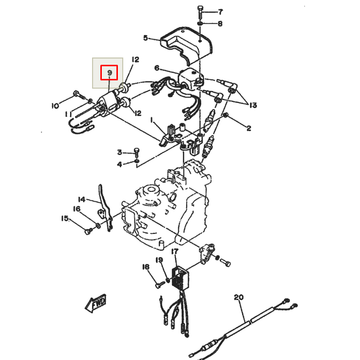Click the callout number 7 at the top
[220, 11]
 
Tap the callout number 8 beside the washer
[220, 23]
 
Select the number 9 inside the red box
[110, 73]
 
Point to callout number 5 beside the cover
[145, 38]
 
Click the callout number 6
[157, 68]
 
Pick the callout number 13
[253, 105]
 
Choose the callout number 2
[248, 128]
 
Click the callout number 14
[82, 199]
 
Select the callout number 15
[65, 219]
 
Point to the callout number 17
[175, 251]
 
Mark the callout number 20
[238, 297]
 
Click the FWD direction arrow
[96, 303]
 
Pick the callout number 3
[119, 152]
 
